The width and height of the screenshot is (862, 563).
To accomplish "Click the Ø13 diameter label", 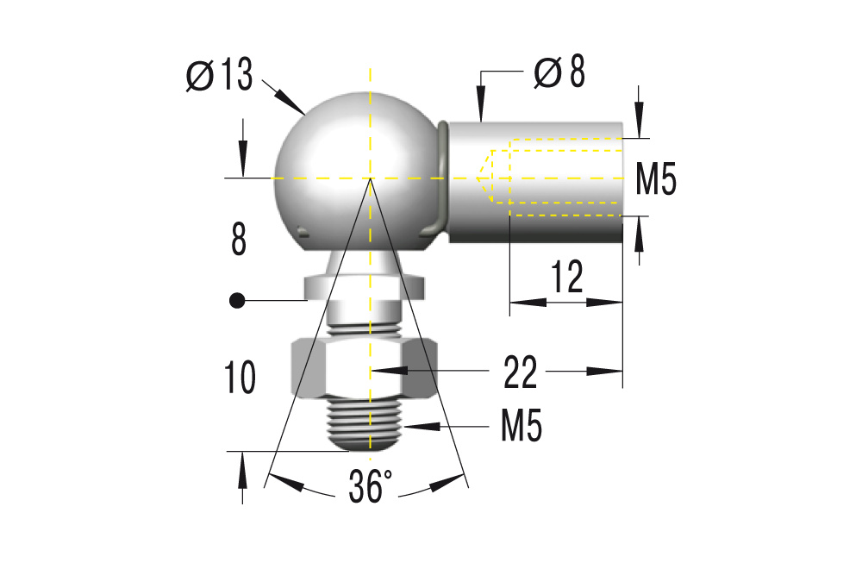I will point(220,76).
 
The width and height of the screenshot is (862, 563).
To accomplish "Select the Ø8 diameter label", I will point(559,73).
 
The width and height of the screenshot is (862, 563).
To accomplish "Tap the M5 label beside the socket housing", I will point(656,179).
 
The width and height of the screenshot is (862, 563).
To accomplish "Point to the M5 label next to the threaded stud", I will point(521,426).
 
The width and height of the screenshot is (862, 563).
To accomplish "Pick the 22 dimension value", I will point(520,372).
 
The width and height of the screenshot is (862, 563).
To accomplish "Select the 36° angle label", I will point(370,488).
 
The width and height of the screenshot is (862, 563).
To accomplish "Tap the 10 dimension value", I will point(240,378).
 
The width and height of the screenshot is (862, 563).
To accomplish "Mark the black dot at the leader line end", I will point(235,301).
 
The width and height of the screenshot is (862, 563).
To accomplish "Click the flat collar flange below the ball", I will point(366,285).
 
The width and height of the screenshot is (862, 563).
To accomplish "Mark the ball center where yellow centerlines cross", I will point(371,178).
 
